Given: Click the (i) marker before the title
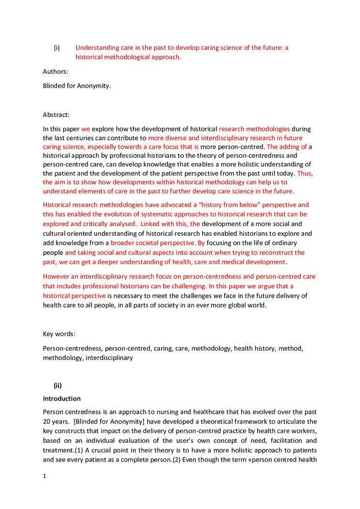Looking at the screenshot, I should click(57, 48).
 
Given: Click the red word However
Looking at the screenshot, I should click(57, 276).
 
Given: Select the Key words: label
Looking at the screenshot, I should click(59, 334).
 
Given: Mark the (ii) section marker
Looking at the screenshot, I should click(59, 385).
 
